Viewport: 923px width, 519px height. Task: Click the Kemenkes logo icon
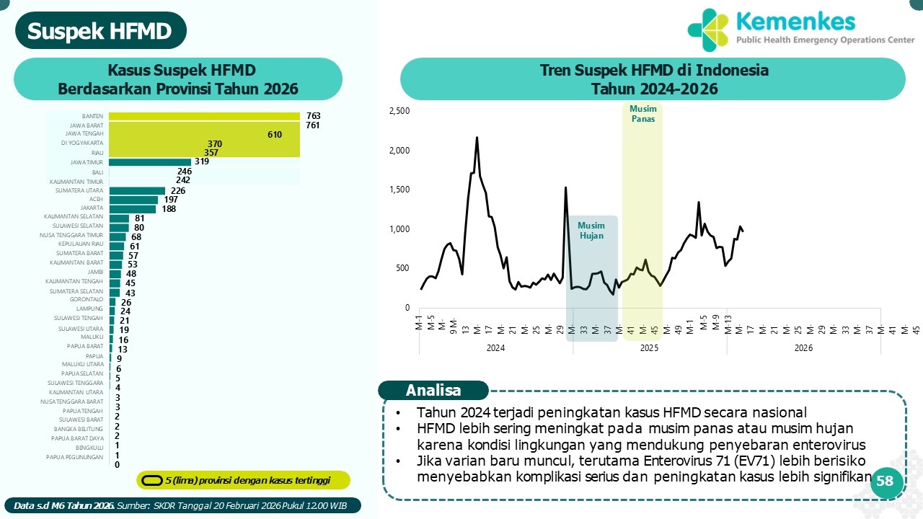pos(709,30)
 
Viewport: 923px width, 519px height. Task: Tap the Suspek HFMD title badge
pos(100,32)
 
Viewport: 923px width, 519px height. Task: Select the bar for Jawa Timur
pos(149,162)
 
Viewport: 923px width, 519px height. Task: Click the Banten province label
pos(93,116)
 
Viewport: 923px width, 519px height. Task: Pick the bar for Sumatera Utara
pos(137,190)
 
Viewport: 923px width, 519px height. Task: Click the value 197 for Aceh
pos(170,200)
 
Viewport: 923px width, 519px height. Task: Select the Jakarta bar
pos(132,209)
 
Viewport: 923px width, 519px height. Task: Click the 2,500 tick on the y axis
pos(399,111)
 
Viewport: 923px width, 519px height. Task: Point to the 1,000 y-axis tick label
pos(399,229)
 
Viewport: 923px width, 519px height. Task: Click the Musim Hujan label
pos(591,231)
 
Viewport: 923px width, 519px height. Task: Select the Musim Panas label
pos(642,114)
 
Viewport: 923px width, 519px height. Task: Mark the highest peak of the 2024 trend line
pos(477,137)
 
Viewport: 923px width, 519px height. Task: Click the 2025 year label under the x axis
pos(649,348)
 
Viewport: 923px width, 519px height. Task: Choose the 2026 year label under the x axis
pos(803,348)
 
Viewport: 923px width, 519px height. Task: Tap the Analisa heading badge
pos(433,391)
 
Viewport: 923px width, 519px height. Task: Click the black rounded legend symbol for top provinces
pos(151,480)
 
